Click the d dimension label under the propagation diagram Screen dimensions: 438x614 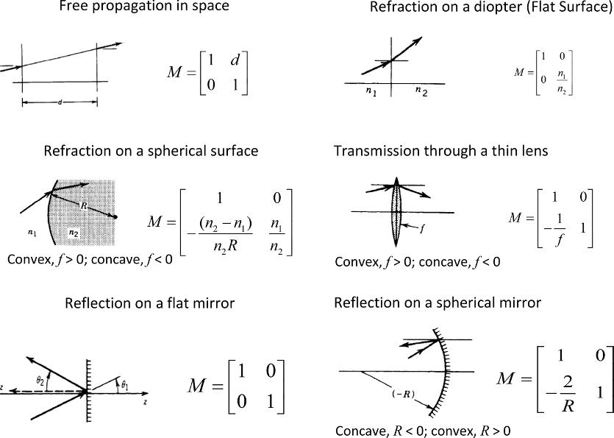click(60, 102)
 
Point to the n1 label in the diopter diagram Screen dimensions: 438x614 click(370, 91)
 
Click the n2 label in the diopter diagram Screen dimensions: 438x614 click(420, 91)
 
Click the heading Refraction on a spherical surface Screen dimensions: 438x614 click(151, 151)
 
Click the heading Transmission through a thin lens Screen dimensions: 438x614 click(440, 151)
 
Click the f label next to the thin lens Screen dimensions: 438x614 click(422, 229)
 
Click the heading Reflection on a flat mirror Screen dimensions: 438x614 click(149, 303)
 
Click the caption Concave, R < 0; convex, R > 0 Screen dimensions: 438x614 click(423, 431)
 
